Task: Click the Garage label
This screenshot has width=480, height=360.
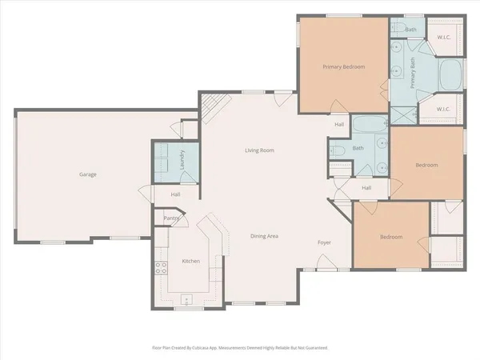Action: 88,174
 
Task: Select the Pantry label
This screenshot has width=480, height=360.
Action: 170,218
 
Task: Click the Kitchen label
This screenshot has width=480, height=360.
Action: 190,262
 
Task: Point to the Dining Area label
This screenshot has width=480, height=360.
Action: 264,236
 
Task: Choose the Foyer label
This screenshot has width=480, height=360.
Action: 324,242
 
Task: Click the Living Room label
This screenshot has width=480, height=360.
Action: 260,150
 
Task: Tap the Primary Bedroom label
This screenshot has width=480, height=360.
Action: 343,66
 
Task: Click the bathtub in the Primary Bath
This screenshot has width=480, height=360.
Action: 448,77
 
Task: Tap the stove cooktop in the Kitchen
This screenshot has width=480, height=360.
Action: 161,268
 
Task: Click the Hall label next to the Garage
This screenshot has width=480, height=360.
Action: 175,194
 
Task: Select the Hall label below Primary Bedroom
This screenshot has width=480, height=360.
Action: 339,124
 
